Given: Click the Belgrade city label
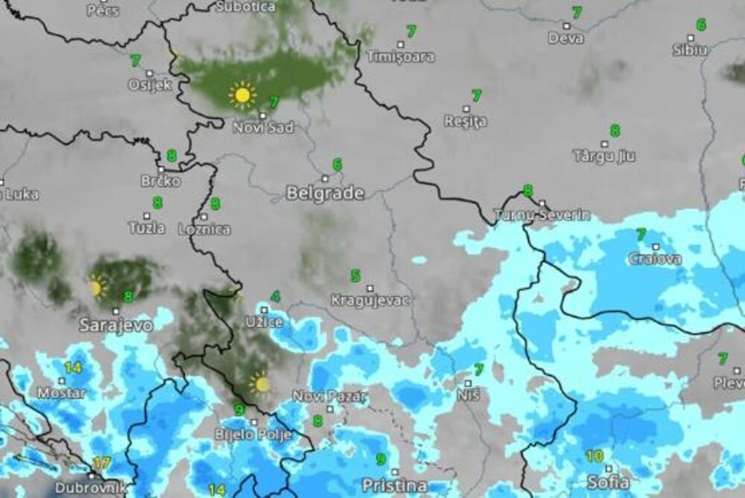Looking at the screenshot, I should tap(326, 194).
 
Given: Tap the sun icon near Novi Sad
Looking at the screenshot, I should tap(241, 95).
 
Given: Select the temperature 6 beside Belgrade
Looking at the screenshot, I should tap(337, 165).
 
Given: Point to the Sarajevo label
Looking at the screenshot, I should tap(116, 325).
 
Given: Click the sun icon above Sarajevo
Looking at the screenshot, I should tap(96, 287).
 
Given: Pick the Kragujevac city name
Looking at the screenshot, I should tap(370, 301).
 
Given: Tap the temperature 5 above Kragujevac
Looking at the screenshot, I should tap(356, 276).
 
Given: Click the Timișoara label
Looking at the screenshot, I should tap(401, 57).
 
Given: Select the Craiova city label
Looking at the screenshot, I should tap(655, 259).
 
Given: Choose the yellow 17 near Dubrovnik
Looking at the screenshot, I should tap(102, 463).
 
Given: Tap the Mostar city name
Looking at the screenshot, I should tap(61, 392).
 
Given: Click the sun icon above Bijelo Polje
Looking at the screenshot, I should tap(260, 383).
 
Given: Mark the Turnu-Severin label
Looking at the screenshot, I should tap(542, 215).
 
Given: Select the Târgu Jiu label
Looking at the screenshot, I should tap(603, 156).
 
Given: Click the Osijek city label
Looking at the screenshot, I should tap(150, 85).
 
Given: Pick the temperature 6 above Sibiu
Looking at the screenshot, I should tap(701, 25).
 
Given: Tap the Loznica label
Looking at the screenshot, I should tap(204, 229).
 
